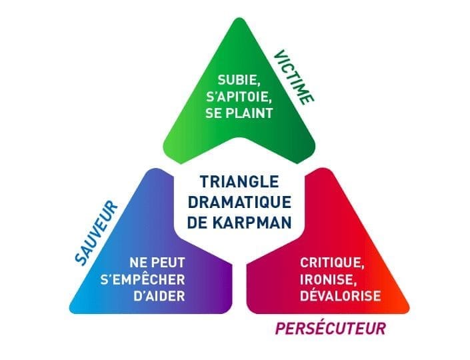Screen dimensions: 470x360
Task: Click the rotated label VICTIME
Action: [x=294, y=78]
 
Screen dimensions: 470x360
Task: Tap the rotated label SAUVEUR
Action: [x=96, y=233]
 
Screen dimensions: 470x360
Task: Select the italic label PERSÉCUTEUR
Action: [x=330, y=328]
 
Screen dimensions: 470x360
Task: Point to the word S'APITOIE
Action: [x=239, y=97]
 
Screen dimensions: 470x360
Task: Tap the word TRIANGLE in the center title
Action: [x=239, y=182]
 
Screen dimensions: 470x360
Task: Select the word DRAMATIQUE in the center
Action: [x=239, y=202]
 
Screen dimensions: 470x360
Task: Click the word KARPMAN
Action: [x=252, y=223]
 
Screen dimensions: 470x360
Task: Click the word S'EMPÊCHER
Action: [x=143, y=279]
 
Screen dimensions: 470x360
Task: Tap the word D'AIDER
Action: [x=159, y=296]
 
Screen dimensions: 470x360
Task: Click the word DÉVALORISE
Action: [x=341, y=296]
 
